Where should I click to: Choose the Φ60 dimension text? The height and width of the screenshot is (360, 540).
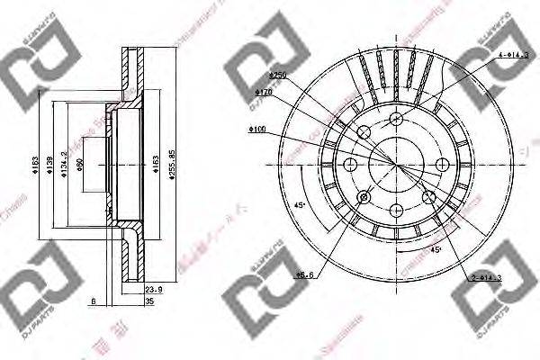(x=80, y=164)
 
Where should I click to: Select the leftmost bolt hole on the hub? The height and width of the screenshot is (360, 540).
(x=350, y=164)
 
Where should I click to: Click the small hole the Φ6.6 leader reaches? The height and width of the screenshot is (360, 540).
(x=364, y=196)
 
